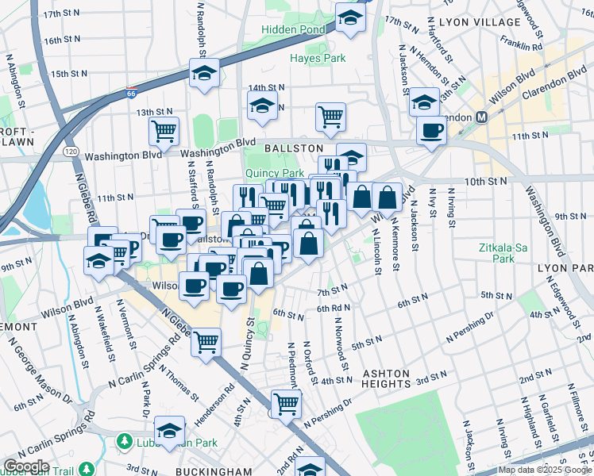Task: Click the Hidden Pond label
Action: tap(294, 29)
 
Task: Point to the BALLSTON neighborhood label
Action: tap(293, 148)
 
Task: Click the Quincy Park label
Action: tap(275, 173)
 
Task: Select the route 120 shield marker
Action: tap(71, 150)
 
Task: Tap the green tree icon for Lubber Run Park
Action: tap(124, 440)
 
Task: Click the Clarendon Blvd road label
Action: tap(556, 86)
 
